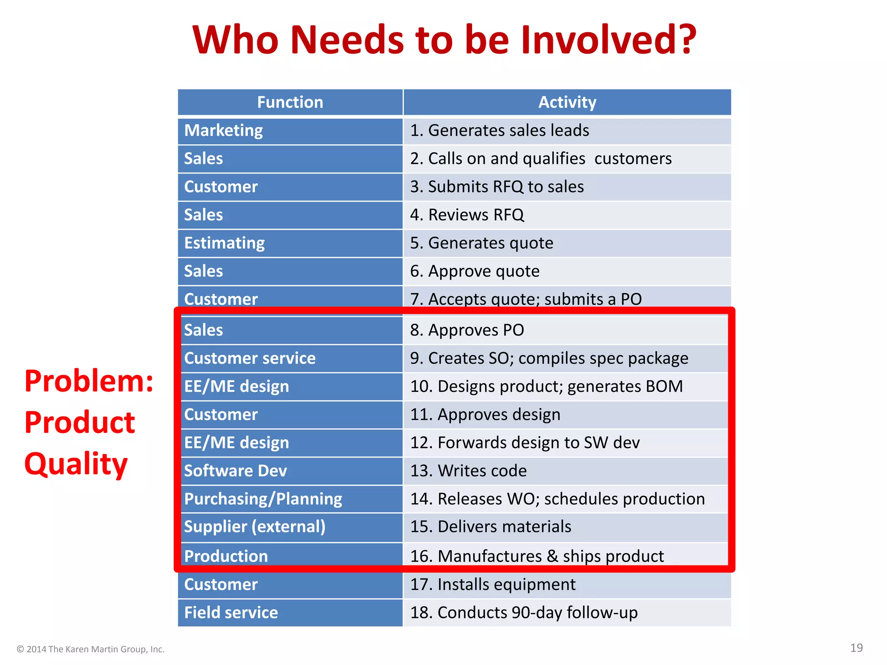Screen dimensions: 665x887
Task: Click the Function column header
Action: [x=290, y=102]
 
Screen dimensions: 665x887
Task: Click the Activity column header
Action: [x=567, y=102]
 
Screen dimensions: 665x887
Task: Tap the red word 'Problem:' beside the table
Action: [x=89, y=381]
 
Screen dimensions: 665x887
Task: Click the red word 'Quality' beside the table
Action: [x=76, y=463]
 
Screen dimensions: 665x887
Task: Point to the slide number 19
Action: [x=856, y=648]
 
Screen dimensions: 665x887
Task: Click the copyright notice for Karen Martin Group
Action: [x=91, y=649]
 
